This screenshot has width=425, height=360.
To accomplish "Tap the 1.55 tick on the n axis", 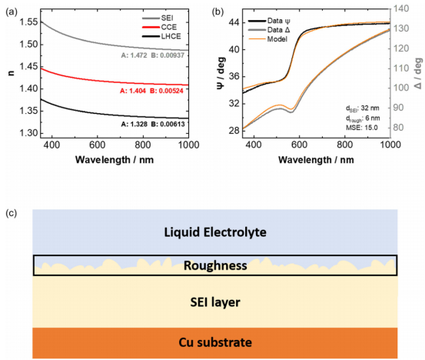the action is (28, 22).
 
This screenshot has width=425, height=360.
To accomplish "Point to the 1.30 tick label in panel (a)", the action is (28, 133).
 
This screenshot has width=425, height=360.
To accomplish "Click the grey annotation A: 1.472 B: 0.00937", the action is (153, 55).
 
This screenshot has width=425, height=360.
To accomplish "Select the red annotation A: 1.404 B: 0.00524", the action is (151, 91).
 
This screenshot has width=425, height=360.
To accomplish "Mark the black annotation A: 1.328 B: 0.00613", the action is (153, 125).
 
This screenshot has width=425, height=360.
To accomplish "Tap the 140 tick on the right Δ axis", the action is (400, 8).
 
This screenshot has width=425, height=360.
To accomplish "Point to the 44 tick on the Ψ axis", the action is (234, 22).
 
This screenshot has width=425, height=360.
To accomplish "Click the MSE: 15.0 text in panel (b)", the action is (361, 128).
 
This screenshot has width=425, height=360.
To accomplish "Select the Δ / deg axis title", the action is (419, 74).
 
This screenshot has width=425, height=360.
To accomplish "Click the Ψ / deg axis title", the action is (221, 73).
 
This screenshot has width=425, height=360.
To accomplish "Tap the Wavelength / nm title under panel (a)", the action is (115, 160).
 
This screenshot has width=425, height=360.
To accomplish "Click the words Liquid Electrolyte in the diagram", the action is (215, 232).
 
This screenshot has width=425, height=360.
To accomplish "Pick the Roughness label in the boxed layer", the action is (215, 265).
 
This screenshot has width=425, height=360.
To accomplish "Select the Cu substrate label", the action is (215, 342).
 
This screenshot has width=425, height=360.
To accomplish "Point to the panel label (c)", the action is (12, 214).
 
